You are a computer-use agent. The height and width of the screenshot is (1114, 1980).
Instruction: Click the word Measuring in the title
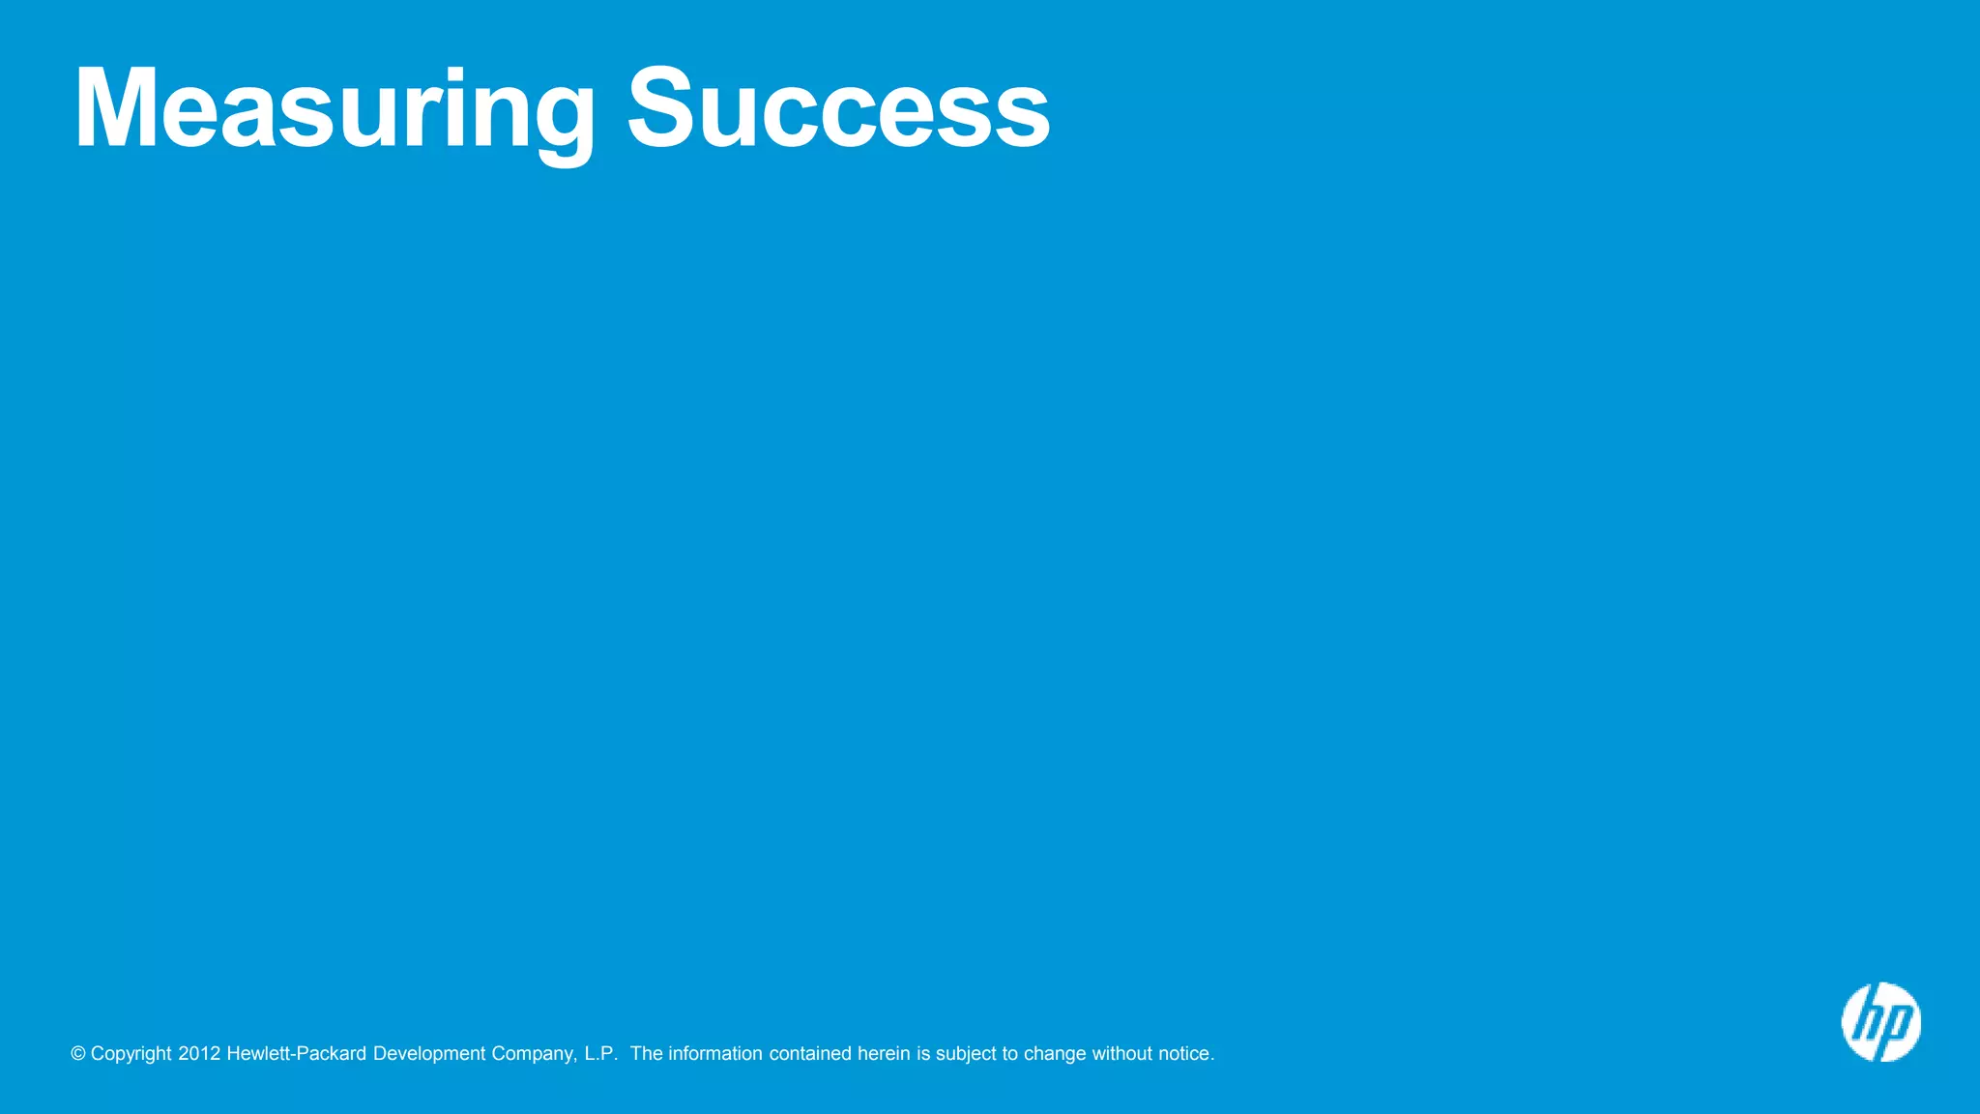335,108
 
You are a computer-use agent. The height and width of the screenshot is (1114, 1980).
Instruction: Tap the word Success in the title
838,108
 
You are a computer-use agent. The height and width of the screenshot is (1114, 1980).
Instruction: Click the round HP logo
1880,1022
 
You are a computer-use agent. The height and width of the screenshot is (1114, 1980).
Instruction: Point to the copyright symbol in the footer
78,1054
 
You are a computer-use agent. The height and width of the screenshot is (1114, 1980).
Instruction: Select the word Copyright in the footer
131,1054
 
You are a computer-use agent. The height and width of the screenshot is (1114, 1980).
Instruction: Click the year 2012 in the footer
199,1054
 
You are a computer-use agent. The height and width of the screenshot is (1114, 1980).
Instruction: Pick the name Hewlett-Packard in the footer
296,1054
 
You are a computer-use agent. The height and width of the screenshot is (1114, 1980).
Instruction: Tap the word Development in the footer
429,1054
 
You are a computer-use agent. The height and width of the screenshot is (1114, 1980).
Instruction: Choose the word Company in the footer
534,1054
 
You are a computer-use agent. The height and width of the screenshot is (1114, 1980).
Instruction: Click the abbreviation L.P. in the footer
600,1054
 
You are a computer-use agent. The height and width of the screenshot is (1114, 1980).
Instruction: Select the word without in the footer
1122,1054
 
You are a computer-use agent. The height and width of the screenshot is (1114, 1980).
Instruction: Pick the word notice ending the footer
1185,1054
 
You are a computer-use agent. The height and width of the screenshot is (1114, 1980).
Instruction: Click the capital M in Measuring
115,108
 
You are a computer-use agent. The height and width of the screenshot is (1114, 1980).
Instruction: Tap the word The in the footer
646,1054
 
